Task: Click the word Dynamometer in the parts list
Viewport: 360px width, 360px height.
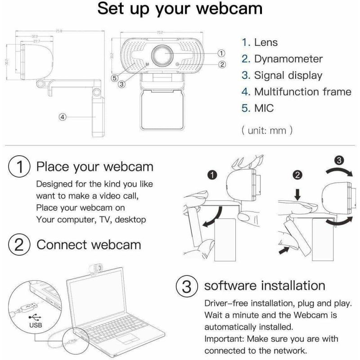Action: coord(288,59)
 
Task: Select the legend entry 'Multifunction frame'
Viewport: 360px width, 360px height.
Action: coord(303,92)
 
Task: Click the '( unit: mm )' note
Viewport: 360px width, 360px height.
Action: coord(267,130)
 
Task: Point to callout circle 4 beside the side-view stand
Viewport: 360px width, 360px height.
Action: coord(63,117)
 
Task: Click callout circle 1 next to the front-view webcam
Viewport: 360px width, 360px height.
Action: coord(221,53)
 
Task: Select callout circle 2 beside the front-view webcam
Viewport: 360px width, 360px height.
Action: coord(221,64)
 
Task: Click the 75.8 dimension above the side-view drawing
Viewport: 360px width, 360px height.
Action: coord(59,31)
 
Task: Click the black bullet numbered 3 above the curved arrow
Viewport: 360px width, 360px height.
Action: coord(340,160)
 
